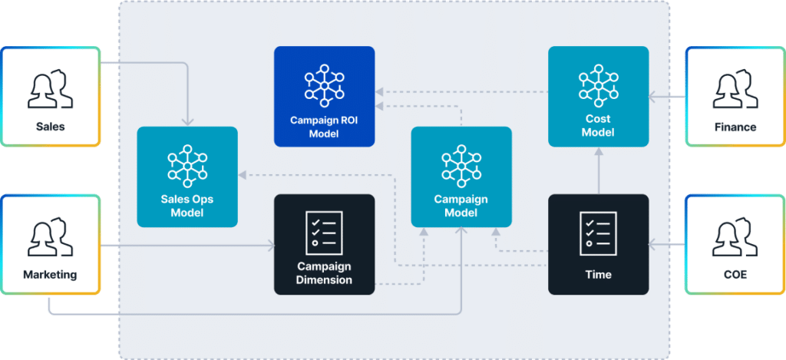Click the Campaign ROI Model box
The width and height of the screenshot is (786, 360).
pyautogui.click(x=325, y=97)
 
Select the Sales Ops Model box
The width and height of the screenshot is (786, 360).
pyautogui.click(x=187, y=177)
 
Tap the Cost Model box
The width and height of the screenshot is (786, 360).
pyautogui.click(x=598, y=97)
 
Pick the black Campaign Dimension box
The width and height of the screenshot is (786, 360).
pyautogui.click(x=325, y=244)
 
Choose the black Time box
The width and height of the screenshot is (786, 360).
pyautogui.click(x=598, y=244)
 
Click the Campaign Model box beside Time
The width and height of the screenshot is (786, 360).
pyautogui.click(x=461, y=177)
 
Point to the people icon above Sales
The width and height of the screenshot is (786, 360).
pyautogui.click(x=51, y=89)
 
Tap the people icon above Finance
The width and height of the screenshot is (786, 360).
pyautogui.click(x=735, y=89)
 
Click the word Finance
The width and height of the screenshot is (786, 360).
pyautogui.click(x=735, y=127)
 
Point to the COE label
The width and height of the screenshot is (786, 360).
pyautogui.click(x=735, y=274)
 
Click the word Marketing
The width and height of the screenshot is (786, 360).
pyautogui.click(x=51, y=274)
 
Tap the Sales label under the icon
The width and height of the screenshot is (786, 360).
pyautogui.click(x=51, y=127)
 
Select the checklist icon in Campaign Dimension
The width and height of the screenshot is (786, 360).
pyautogui.click(x=325, y=228)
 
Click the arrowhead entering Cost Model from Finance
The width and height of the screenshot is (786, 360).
pyautogui.click(x=652, y=97)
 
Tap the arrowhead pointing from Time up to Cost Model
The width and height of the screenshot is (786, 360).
pyautogui.click(x=598, y=150)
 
